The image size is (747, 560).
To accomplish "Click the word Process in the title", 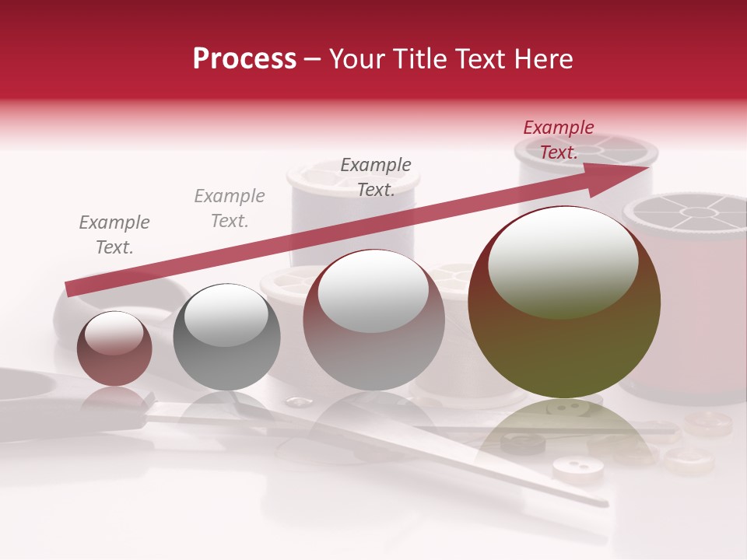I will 244,59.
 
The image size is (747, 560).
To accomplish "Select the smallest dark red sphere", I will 114,348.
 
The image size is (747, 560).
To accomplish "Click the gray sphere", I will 226,338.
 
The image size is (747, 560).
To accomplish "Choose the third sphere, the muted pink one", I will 373,320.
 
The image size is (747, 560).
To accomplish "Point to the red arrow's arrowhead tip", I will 647,167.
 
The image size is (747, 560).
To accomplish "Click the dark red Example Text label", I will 559,140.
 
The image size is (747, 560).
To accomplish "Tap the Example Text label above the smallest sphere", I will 114,235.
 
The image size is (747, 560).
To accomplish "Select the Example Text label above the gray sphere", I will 230,208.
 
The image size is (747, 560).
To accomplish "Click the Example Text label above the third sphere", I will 376,177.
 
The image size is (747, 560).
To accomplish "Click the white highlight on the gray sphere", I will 226,314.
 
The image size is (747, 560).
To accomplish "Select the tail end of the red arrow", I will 68,289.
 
